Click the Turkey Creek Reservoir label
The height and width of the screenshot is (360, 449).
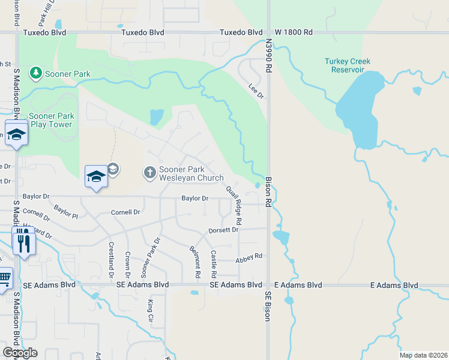(348, 65)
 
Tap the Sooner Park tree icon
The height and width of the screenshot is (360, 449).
(36, 73)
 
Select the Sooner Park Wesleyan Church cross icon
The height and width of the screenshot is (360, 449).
(149, 173)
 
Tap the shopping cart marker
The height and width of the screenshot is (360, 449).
(4, 279)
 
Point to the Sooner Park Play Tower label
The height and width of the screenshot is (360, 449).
(51, 120)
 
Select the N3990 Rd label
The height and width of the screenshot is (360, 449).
(269, 57)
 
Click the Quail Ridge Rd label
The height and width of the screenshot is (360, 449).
(234, 205)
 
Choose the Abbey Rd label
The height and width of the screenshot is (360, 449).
(249, 256)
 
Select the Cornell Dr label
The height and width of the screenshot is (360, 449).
(125, 212)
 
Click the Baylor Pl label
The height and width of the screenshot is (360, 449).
(65, 211)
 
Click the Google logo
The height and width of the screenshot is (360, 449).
(20, 353)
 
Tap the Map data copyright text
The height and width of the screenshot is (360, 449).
(423, 355)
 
